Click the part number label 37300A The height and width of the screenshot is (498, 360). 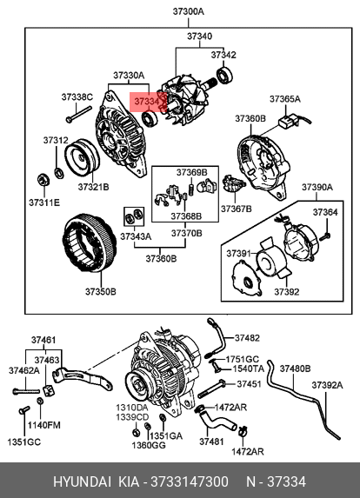pyautogui.click(x=188, y=12)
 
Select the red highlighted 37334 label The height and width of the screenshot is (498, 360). pyautogui.click(x=148, y=102)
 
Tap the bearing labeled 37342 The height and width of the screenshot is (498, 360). pyautogui.click(x=224, y=76)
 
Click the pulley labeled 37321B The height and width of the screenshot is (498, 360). pyautogui.click(x=82, y=157)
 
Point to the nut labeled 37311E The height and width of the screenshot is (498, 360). pyautogui.click(x=43, y=181)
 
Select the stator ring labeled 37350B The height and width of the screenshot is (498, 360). pyautogui.click(x=89, y=243)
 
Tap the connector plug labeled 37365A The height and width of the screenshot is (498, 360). pyautogui.click(x=288, y=122)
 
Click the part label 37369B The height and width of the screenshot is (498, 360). pyautogui.click(x=191, y=172)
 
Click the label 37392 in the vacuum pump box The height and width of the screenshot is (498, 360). pyautogui.click(x=287, y=292)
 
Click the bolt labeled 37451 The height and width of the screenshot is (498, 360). pyautogui.click(x=211, y=389)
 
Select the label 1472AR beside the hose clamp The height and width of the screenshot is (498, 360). pyautogui.click(x=230, y=407)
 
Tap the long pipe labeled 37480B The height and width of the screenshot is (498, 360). pyautogui.click(x=303, y=400)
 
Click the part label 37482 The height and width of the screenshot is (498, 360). pyautogui.click(x=247, y=338)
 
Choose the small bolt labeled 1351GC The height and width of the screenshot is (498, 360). pyautogui.click(x=24, y=410)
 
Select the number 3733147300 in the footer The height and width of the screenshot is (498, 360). pyautogui.click(x=190, y=481)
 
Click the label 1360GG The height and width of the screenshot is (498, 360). pyautogui.click(x=149, y=446)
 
